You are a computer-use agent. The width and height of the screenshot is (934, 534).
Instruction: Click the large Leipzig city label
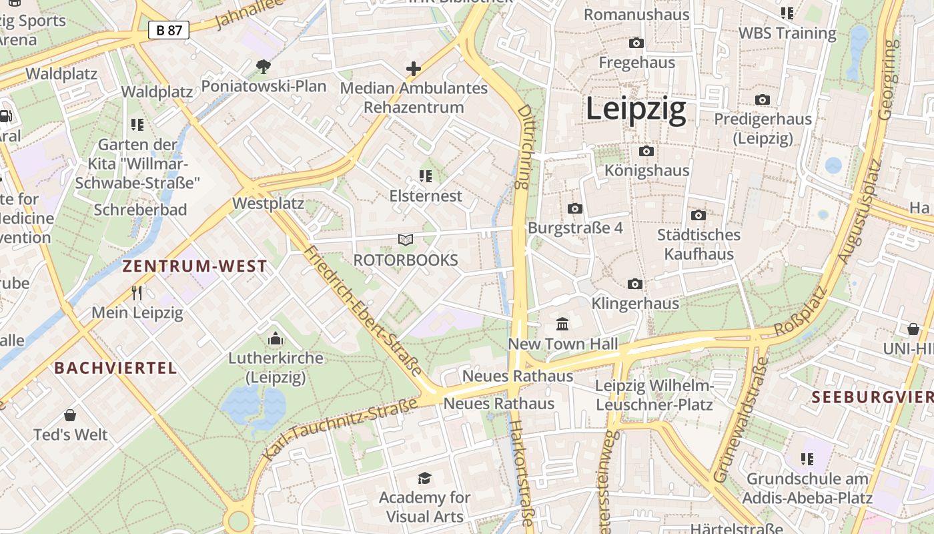click(636, 109)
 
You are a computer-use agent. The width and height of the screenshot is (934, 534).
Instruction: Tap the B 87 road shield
click(169, 30)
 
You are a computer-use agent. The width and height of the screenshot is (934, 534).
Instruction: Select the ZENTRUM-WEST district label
click(195, 266)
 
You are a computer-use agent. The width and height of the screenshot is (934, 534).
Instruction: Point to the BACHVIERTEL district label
click(115, 368)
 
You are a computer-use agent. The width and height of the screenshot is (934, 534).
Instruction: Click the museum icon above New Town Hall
click(562, 324)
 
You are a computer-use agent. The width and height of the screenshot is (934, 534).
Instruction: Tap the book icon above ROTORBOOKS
click(406, 240)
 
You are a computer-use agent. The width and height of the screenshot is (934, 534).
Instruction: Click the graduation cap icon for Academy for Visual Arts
click(424, 477)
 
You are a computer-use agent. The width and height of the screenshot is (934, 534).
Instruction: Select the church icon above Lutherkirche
click(276, 339)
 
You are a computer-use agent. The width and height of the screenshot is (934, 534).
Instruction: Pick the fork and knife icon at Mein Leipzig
click(137, 292)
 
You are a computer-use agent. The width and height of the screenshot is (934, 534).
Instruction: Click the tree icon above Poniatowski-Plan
click(264, 66)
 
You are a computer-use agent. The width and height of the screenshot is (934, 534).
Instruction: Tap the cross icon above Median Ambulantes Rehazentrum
click(414, 68)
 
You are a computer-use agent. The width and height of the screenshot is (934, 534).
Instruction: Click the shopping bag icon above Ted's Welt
click(70, 415)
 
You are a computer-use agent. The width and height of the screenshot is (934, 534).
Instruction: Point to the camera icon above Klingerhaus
click(635, 284)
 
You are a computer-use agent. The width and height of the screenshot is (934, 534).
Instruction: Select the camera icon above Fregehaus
click(636, 43)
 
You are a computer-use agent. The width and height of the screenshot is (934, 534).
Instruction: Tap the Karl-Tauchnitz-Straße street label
click(340, 427)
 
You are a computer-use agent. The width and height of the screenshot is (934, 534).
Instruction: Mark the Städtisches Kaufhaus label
click(698, 244)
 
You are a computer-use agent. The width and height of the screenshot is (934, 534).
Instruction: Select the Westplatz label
click(268, 204)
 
